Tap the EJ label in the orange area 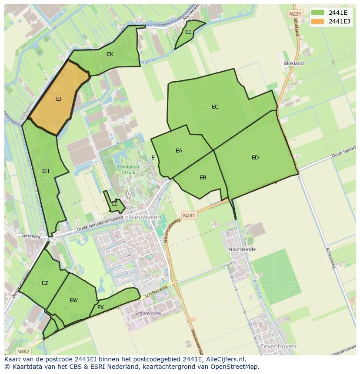pos(59,99)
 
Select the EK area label pos(110,54)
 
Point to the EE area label pos(188,32)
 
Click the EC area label pos(215,107)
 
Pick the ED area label pos(255,158)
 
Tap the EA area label pos(179,151)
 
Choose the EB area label pos(203,178)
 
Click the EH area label pos(46,171)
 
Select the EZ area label pos(45,283)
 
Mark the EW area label pos(73,301)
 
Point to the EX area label pos(100,308)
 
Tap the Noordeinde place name pos(242,249)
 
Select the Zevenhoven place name pos(277,347)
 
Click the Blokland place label pos(293,63)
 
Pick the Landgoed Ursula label pos(126,169)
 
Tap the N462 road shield pos(23,351)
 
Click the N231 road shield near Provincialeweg pos(189,215)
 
